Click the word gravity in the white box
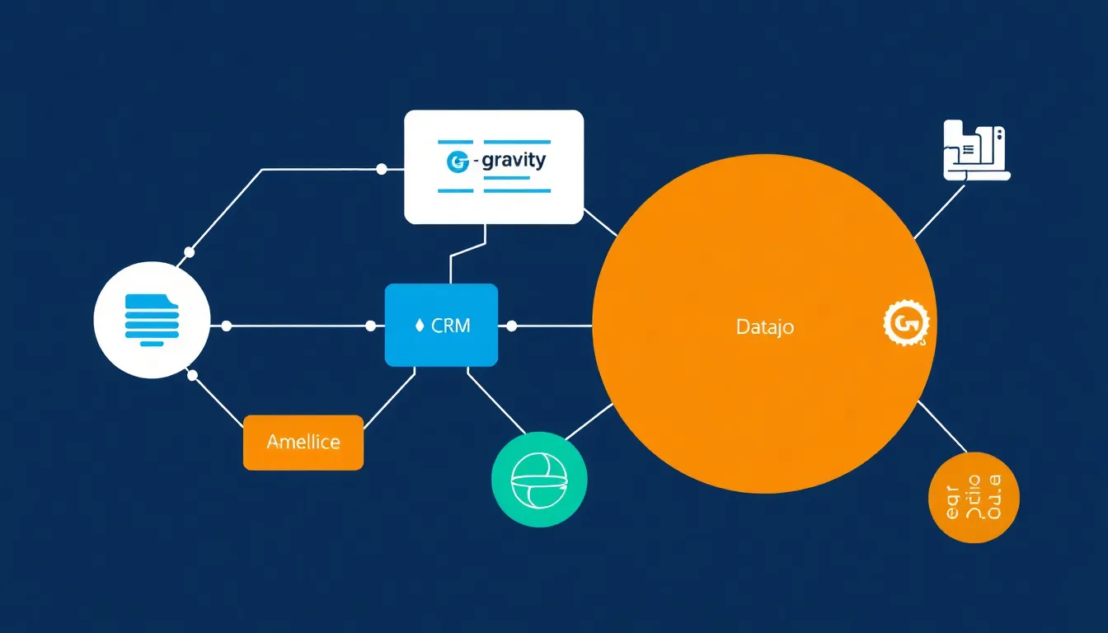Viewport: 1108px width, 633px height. pos(513,160)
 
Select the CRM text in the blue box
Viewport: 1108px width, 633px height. pos(451,326)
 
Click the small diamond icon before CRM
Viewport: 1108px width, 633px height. pos(419,326)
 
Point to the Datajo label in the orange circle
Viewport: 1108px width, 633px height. pos(764,326)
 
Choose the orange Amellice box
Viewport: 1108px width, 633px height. pos(303,443)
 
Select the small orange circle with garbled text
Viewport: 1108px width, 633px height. pos(974,497)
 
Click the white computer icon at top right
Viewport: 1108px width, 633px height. pos(974,151)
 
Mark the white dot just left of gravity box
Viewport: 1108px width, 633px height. pos(381,169)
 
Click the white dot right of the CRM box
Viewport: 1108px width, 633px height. pos(511,326)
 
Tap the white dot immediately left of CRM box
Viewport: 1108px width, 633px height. pos(370,326)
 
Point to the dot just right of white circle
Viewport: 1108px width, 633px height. pos(227,326)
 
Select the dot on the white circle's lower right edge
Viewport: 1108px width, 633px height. pos(193,375)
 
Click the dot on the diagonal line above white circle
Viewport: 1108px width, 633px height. pos(190,251)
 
